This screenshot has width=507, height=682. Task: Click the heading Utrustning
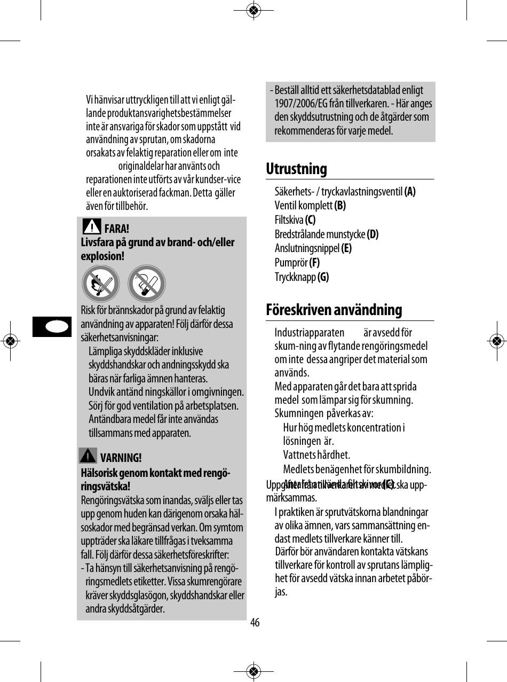pyautogui.click(x=296, y=169)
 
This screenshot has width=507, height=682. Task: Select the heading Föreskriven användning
pyautogui.click(x=334, y=310)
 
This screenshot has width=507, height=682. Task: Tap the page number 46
pyautogui.click(x=255, y=623)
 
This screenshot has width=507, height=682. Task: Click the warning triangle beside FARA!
pyautogui.click(x=92, y=226)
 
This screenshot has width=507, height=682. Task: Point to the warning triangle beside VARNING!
pyautogui.click(x=88, y=456)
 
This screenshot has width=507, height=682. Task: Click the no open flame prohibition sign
pyautogui.click(x=100, y=284)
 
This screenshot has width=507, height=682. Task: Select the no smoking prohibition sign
pyautogui.click(x=147, y=284)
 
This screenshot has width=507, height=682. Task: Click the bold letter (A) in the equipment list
pyautogui.click(x=410, y=192)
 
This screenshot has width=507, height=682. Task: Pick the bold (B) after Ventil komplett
pyautogui.click(x=340, y=206)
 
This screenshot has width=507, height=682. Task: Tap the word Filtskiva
pyautogui.click(x=289, y=220)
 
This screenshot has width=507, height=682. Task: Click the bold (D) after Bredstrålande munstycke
pyautogui.click(x=373, y=234)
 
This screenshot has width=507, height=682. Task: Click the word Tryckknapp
pyautogui.click(x=295, y=277)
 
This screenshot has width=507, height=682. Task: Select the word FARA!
pyautogui.click(x=116, y=230)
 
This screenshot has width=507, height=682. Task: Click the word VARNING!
pyautogui.click(x=121, y=458)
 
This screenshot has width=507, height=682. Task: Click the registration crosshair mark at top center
pyautogui.click(x=254, y=10)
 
